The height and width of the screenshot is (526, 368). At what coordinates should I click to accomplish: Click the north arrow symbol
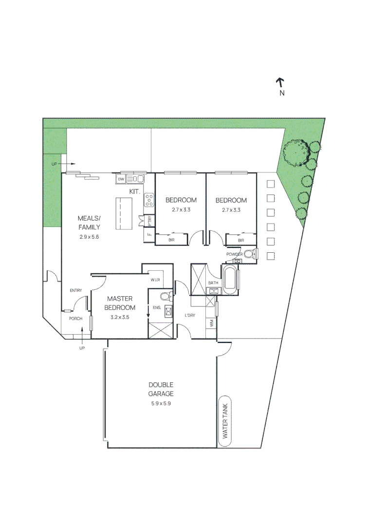[280, 83]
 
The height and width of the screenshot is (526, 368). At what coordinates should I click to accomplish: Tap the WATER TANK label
[225, 421]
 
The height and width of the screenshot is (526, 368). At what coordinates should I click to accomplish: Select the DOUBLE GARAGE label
[161, 389]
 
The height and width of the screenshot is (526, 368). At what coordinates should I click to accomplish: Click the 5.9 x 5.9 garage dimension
[161, 404]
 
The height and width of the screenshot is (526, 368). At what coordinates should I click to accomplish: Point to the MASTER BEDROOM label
[120, 303]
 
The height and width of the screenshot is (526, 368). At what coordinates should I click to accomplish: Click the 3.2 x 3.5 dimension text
[120, 317]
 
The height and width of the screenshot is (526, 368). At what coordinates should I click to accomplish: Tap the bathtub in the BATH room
[230, 278]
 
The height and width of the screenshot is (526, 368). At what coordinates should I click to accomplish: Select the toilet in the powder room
[250, 254]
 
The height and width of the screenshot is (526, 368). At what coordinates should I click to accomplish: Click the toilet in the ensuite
[166, 296]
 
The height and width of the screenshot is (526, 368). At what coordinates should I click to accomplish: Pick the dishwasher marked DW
[121, 179]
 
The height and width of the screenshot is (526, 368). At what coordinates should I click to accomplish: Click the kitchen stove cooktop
[149, 200]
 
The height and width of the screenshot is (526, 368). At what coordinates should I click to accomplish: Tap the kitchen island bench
[124, 214]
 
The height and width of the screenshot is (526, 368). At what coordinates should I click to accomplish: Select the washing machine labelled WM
[211, 323]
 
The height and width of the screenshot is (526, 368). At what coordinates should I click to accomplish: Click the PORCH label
[76, 319]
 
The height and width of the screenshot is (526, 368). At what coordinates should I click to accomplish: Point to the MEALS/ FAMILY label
[89, 223]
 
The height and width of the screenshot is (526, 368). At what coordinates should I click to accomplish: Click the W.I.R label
[155, 280]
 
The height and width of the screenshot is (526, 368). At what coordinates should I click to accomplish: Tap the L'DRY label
[190, 315]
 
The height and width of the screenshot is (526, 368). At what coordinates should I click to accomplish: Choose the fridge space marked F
[149, 234]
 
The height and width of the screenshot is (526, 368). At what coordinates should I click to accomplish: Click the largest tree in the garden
[295, 152]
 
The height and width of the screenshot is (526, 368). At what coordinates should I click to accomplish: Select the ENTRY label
[76, 290]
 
